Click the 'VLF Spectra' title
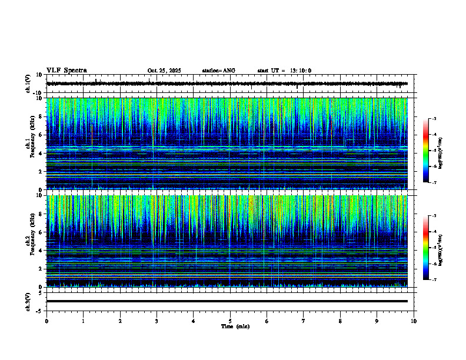click(66, 71)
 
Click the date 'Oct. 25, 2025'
click(164, 71)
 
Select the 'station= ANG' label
click(218, 71)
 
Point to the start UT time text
click(284, 71)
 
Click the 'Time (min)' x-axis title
click(235, 326)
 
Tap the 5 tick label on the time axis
click(230, 321)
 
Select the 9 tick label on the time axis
click(377, 321)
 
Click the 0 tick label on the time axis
click(46, 321)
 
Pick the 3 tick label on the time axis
click(157, 321)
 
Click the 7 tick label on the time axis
click(304, 321)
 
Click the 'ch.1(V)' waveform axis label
click(28, 84)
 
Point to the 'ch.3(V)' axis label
click(28, 301)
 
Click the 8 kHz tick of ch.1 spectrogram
click(41, 116)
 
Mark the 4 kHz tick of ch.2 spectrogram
click(41, 251)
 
